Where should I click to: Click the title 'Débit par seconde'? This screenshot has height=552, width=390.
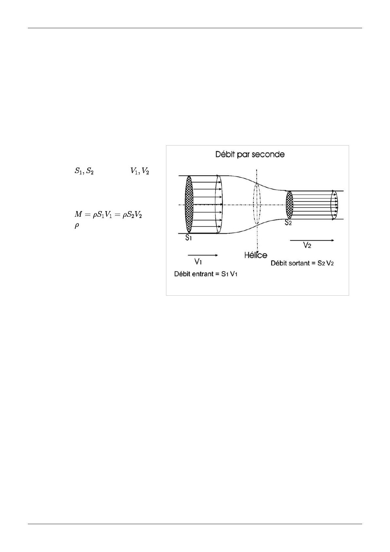250,154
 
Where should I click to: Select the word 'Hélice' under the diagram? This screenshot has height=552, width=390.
255,255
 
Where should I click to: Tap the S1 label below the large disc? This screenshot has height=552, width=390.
188,238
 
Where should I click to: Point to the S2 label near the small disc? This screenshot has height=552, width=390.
288,222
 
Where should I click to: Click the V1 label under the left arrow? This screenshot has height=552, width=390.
198,262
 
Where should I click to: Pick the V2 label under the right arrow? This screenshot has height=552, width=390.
307,245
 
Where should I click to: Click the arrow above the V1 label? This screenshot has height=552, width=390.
203,255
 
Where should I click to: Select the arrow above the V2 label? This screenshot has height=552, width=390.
312,240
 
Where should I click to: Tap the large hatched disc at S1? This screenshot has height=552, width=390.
189,204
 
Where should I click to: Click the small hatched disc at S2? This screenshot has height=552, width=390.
289,205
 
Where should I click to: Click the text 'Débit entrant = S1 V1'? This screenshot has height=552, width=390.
206,274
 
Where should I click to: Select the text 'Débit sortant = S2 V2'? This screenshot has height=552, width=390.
302,263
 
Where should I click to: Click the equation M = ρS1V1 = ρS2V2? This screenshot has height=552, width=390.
108,215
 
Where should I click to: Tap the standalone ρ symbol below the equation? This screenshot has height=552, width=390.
77,226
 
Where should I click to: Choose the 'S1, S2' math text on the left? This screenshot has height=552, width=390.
84,171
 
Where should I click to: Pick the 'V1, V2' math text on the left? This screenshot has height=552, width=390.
139,171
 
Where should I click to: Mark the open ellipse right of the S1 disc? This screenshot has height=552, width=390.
222,204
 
